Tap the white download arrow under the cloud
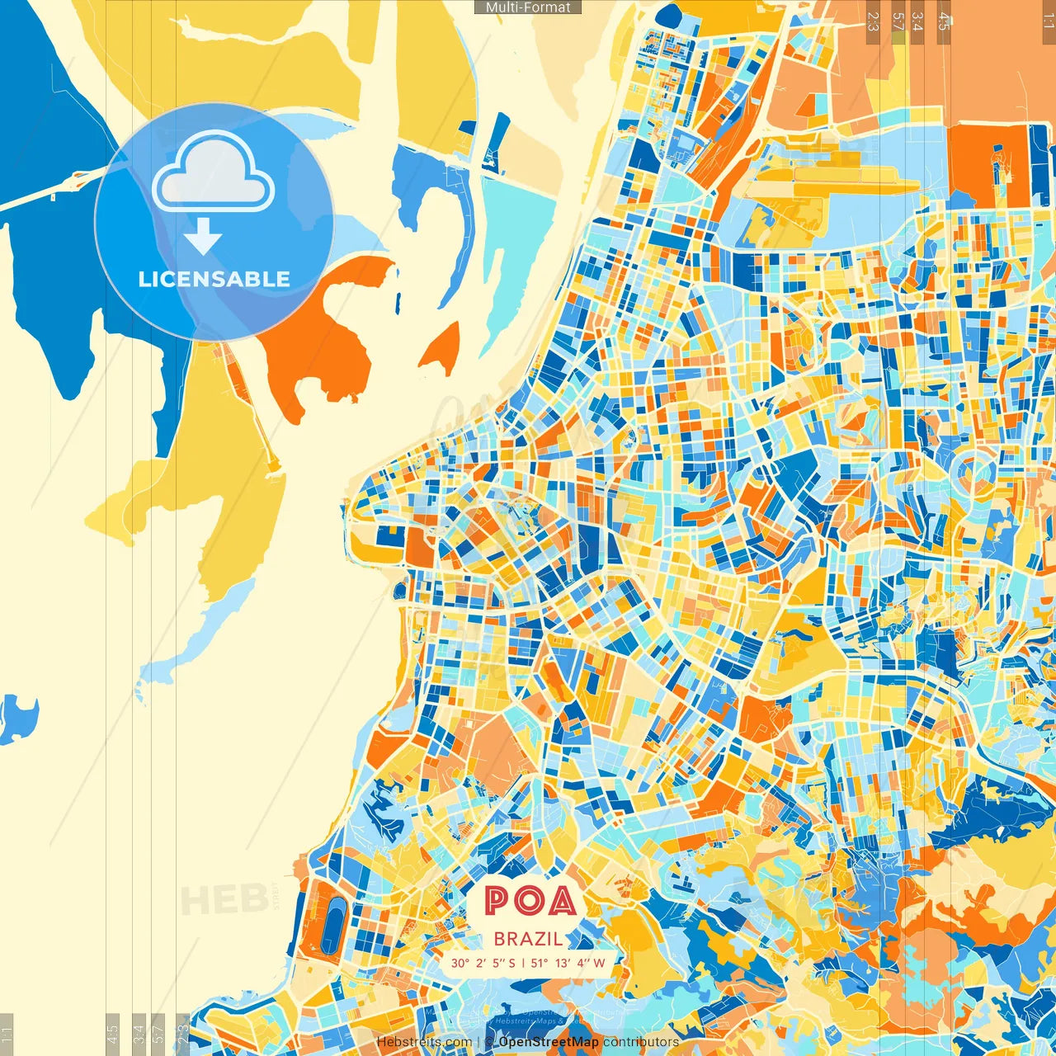pyautogui.click(x=202, y=238)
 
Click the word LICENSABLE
pyautogui.click(x=214, y=279)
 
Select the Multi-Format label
pyautogui.click(x=528, y=7)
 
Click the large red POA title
pyautogui.click(x=530, y=901)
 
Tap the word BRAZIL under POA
pyautogui.click(x=529, y=939)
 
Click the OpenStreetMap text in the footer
pyautogui.click(x=549, y=1042)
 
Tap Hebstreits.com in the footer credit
pyautogui.click(x=424, y=1042)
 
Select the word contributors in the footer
pyautogui.click(x=641, y=1042)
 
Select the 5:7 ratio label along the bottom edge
pyautogui.click(x=158, y=1031)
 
